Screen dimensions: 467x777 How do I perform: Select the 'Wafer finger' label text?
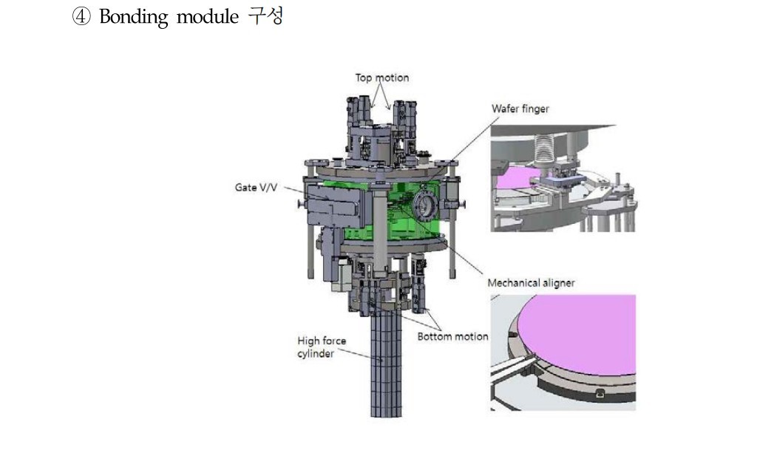pyautogui.click(x=520, y=109)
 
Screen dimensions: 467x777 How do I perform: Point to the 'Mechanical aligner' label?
pyautogui.click(x=531, y=282)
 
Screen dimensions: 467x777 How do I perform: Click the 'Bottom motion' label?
pyautogui.click(x=452, y=336)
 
